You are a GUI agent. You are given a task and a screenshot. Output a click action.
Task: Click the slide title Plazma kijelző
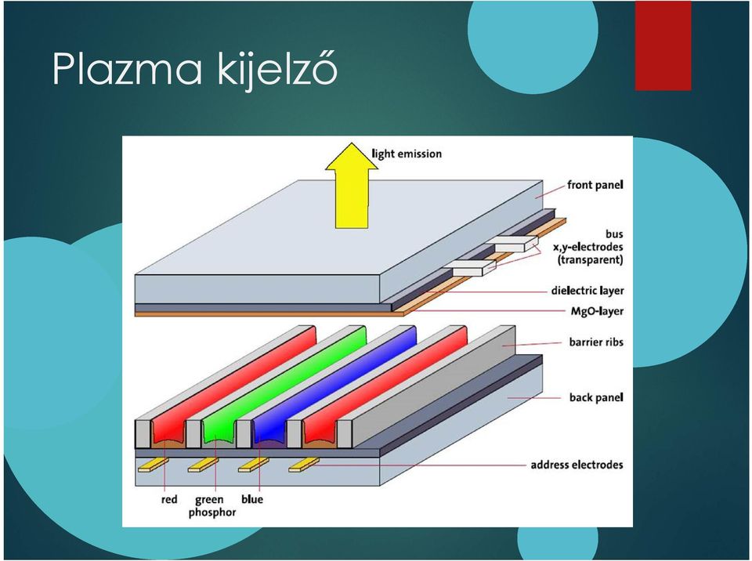point(195,70)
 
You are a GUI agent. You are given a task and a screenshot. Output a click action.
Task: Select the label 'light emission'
point(407,154)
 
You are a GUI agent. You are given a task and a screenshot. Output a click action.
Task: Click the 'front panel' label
point(595,185)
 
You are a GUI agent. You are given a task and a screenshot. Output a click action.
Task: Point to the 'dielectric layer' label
point(587,291)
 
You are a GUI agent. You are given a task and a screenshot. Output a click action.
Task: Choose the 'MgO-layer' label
point(597,311)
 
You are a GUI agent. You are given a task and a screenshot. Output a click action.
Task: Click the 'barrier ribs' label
point(596,342)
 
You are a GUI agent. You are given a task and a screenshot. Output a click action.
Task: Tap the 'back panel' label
point(596,397)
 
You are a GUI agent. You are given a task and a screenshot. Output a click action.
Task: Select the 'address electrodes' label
point(577,465)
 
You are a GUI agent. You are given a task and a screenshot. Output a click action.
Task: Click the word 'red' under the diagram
point(169,500)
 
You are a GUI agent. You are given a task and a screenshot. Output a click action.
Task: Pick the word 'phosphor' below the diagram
point(212,512)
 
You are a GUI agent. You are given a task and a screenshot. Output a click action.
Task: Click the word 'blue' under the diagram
point(252,499)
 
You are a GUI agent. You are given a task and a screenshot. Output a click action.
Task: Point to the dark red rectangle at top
point(663,45)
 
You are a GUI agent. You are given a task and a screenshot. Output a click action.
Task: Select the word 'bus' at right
point(614,234)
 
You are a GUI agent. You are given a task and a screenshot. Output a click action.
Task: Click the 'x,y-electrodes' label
point(588,247)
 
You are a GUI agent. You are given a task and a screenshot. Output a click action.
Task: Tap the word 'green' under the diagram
point(209,500)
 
